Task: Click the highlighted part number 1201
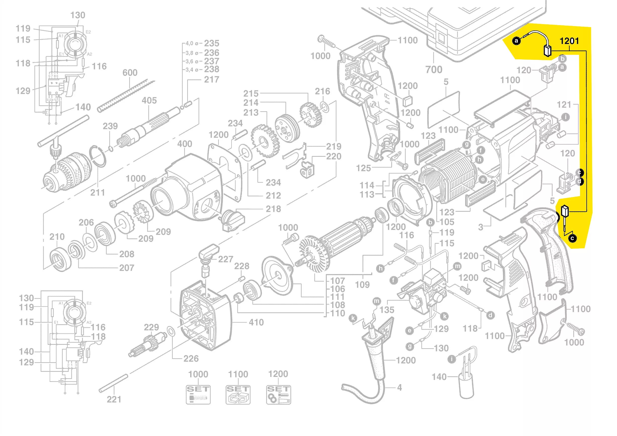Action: click(569, 41)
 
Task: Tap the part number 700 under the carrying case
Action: click(434, 70)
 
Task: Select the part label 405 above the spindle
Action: click(149, 101)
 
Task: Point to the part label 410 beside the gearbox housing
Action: click(256, 322)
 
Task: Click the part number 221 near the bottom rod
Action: click(114, 400)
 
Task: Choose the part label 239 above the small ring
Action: click(110, 126)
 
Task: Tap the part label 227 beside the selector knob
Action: click(225, 259)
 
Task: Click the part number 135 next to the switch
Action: click(387, 310)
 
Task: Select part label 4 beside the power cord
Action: click(400, 387)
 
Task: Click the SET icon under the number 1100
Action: click(238, 394)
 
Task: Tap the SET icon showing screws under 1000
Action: click(198, 394)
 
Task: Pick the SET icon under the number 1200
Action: click(278, 394)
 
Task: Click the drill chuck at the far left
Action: click(67, 172)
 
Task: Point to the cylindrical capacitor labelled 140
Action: click(466, 387)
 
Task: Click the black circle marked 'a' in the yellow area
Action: click(516, 41)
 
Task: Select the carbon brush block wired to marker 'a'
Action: click(547, 51)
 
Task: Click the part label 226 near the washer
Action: click(191, 359)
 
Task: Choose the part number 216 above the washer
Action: click(322, 91)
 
